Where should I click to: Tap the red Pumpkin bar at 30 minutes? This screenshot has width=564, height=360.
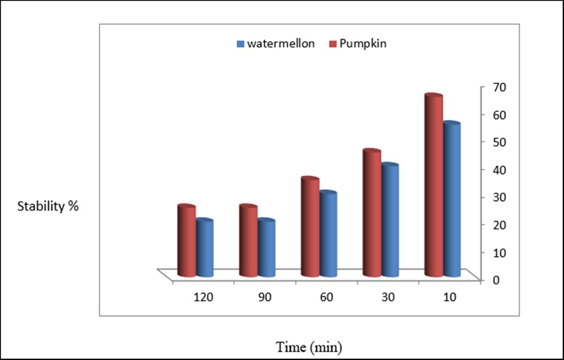click(x=372, y=214)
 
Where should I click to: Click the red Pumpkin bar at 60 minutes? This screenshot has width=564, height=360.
click(x=310, y=227)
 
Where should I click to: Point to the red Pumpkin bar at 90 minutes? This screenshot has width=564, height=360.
click(x=248, y=241)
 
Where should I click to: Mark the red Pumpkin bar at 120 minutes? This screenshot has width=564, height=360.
click(x=186, y=241)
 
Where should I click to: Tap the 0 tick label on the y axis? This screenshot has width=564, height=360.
click(x=495, y=279)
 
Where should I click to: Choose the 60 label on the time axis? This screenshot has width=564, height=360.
click(x=326, y=297)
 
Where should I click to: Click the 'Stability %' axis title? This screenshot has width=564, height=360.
click(x=48, y=207)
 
